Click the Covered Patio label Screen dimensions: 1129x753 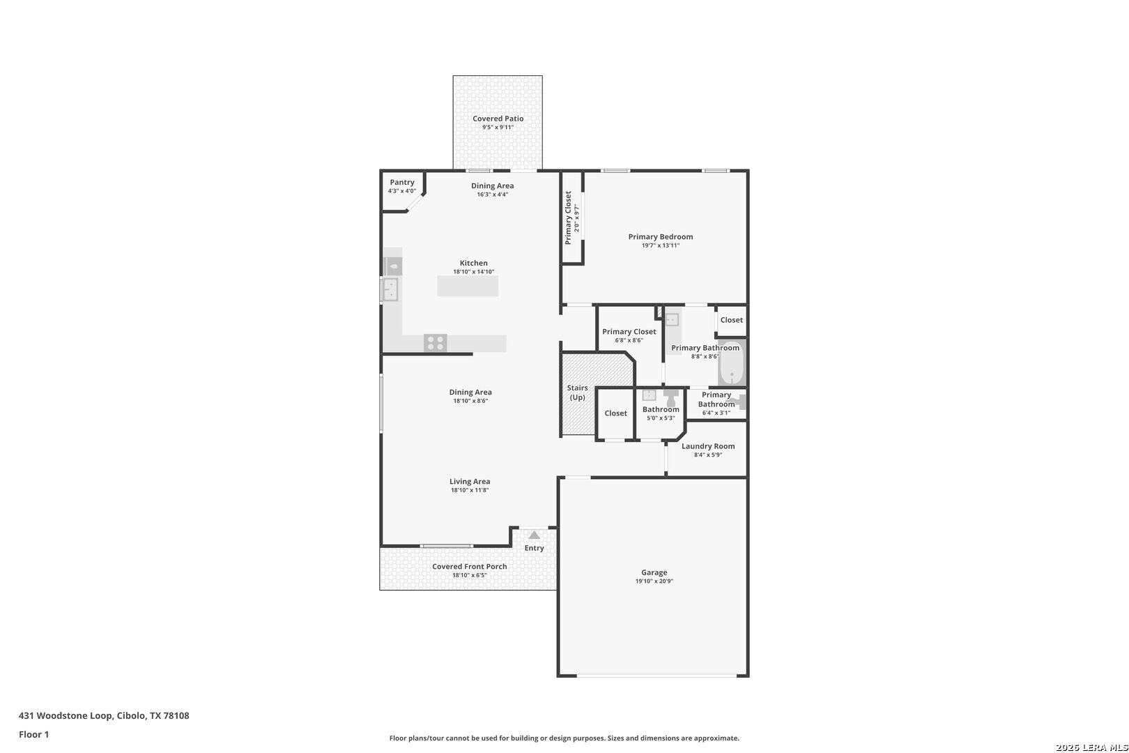coord(498,119)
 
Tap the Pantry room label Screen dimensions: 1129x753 coord(401,182)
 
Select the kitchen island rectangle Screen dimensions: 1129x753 coord(468,285)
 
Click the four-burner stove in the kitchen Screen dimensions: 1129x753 coord(435,343)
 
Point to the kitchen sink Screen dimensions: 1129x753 coord(390,290)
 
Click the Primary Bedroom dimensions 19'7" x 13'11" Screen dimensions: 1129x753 coord(660,245)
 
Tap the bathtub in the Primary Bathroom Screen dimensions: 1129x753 coord(731,363)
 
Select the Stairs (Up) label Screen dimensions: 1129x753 coord(577,393)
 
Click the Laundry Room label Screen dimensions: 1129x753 coord(707,446)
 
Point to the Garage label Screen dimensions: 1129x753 coord(654,572)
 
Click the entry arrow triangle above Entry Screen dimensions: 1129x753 coord(535,535)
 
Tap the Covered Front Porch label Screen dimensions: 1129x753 coord(469,566)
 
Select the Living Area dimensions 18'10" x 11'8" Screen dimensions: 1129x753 coord(470,490)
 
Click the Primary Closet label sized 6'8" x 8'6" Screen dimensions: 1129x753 coord(629,331)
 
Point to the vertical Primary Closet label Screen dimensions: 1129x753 coord(568,218)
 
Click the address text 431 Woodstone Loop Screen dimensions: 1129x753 coord(66,715)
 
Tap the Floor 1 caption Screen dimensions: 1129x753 coord(33,734)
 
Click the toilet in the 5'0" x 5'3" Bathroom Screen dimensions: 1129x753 coord(671,398)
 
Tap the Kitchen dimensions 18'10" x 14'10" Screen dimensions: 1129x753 coord(473,272)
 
